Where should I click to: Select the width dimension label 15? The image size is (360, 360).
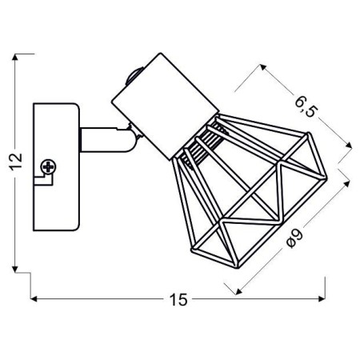point(178,300)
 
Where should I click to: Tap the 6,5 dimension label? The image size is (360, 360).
point(306,108)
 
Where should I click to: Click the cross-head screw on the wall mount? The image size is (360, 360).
point(50,168)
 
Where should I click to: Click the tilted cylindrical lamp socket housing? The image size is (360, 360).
point(163,103)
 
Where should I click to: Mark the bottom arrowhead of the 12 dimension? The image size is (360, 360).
point(17,268)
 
